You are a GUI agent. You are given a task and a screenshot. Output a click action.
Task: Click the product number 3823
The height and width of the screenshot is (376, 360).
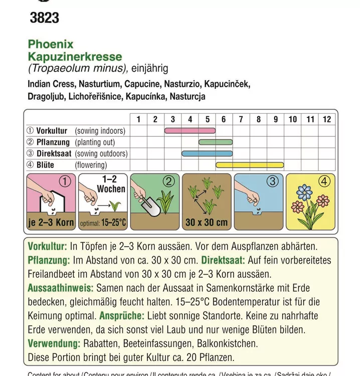pyautogui.click(x=44, y=18)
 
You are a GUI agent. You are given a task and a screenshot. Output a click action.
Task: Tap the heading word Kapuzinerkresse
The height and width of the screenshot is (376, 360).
pyautogui.click(x=75, y=57)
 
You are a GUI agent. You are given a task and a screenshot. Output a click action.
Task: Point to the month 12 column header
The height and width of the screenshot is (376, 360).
pyautogui.click(x=327, y=119)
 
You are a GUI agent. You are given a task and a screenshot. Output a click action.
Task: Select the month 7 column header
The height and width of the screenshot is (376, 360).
pyautogui.click(x=241, y=119)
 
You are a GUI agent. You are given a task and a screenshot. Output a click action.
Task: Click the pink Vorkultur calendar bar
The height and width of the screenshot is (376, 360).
pyautogui.click(x=190, y=131)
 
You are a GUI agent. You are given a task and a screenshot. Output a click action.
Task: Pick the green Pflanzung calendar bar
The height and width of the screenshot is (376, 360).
pyautogui.click(x=216, y=142)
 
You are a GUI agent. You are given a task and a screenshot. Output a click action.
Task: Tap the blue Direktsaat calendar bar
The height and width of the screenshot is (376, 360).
pyautogui.click(x=207, y=153)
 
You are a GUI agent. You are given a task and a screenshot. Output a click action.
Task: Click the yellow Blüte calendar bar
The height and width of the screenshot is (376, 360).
pyautogui.click(x=250, y=165)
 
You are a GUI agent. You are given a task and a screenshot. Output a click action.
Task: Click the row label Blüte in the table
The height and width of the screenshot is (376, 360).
pyautogui.click(x=45, y=165)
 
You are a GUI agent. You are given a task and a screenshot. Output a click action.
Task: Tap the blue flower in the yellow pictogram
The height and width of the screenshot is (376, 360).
pyautogui.click(x=304, y=192)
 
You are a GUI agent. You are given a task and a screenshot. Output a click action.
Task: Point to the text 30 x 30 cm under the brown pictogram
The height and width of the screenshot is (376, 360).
pyautogui.click(x=206, y=222)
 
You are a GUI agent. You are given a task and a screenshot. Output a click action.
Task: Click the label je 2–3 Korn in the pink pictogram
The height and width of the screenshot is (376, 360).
pyautogui.click(x=51, y=223)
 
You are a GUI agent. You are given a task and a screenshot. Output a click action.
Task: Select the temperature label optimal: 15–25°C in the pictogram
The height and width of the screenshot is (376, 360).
pyautogui.click(x=103, y=223)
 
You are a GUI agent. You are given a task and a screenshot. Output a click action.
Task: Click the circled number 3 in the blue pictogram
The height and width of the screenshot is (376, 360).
pyautogui.click(x=272, y=181)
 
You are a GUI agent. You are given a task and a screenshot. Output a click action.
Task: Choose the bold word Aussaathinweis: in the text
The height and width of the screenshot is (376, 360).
pyautogui.click(x=60, y=288)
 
